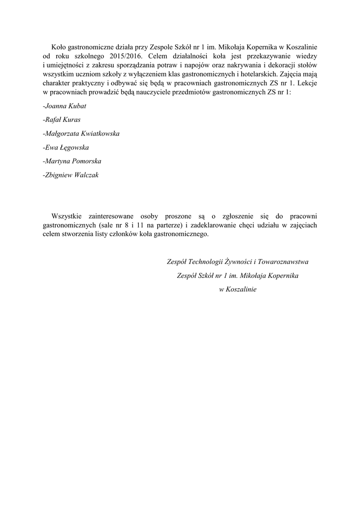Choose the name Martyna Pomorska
coord(73,162)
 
